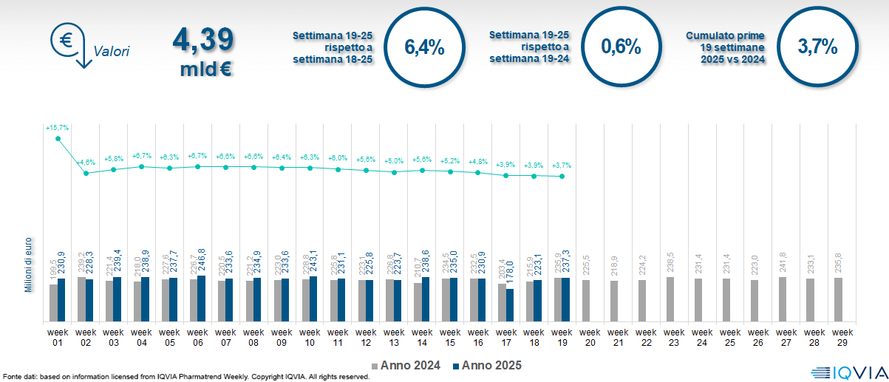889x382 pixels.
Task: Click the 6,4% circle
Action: [424, 48]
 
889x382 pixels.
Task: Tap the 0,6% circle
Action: [621, 48]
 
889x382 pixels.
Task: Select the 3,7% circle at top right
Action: [817, 48]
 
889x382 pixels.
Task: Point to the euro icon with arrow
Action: [69, 44]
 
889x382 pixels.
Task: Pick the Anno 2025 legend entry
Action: [487, 365]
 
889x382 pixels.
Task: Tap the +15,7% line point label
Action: [57, 128]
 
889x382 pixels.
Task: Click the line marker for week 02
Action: [86, 173]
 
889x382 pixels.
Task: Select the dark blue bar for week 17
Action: [510, 305]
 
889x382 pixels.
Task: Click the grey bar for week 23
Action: [670, 299]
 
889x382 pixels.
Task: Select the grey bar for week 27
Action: [783, 299]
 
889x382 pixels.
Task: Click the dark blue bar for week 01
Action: [61, 300]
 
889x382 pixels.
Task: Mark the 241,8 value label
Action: [783, 263]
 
